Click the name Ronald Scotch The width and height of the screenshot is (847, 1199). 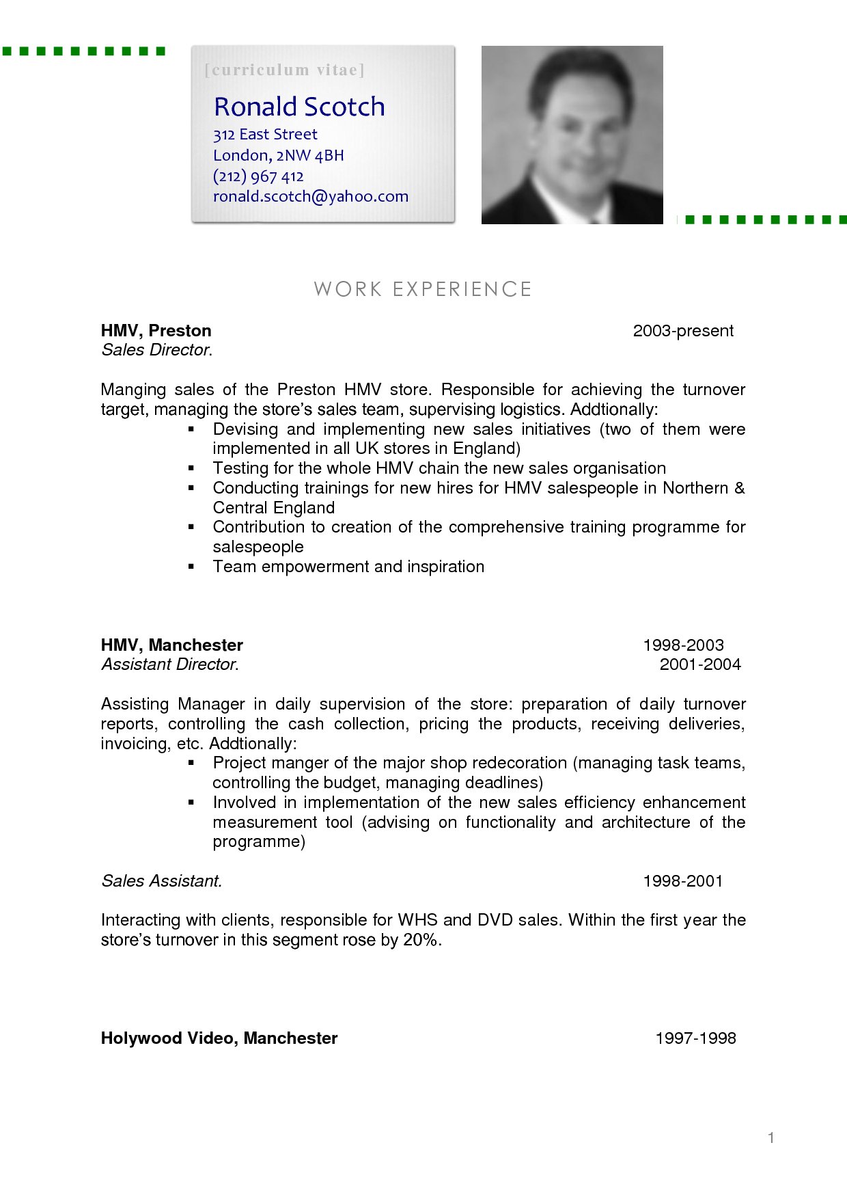[299, 107]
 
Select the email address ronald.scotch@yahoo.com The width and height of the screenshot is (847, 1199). [310, 197]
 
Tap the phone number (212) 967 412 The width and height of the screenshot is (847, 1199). [258, 176]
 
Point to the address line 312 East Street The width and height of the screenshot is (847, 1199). [265, 135]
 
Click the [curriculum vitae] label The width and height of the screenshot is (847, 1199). [284, 70]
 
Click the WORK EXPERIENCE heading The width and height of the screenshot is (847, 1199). [423, 289]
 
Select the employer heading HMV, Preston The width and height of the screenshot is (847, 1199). [156, 331]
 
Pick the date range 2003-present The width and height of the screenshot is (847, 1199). [683, 331]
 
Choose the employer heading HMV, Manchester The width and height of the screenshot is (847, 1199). [171, 645]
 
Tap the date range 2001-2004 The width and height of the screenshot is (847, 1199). [700, 664]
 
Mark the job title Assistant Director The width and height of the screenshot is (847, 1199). [169, 664]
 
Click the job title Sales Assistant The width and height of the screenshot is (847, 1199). [161, 881]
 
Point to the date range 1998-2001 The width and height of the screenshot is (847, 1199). [683, 881]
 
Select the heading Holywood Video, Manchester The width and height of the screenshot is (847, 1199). [219, 1038]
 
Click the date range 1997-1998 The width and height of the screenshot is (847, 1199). [695, 1038]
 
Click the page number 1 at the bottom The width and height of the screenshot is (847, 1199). [771, 1138]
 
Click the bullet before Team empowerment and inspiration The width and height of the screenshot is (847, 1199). [192, 567]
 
